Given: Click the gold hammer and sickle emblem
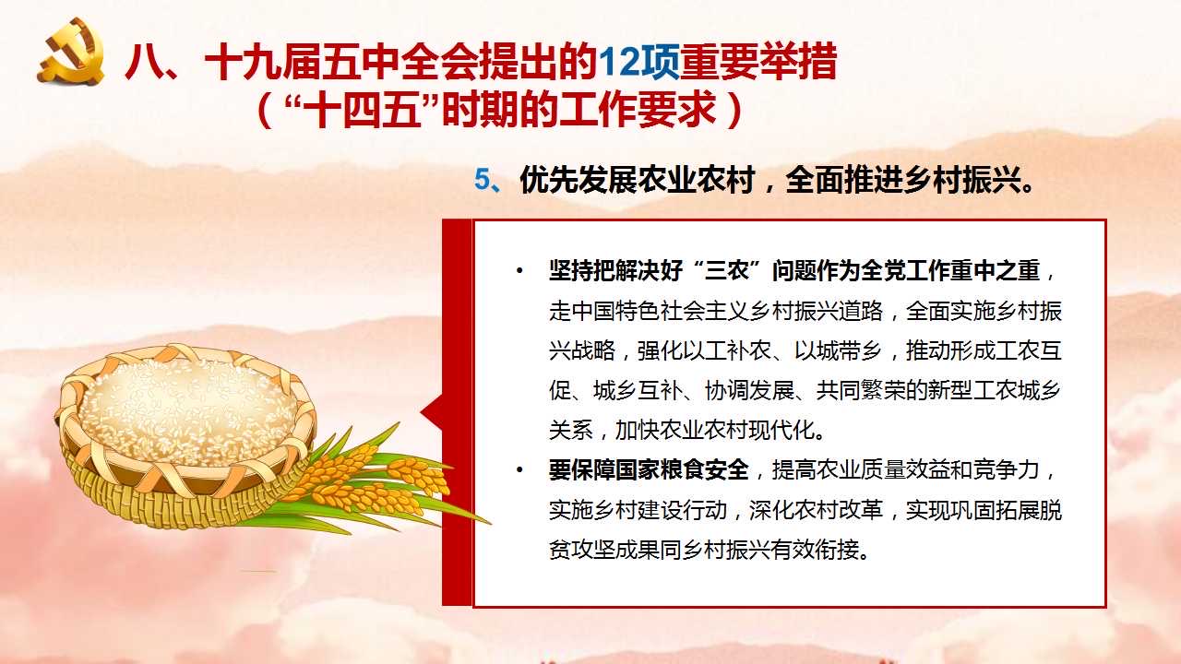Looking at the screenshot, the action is coord(71,51).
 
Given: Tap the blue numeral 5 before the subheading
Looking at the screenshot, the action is coord(483,180).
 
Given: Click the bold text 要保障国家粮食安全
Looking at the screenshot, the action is coord(649,469).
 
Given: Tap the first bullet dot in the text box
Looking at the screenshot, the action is coord(519,272).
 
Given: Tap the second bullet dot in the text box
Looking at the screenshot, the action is coord(519,470).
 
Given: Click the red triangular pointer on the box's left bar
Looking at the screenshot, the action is coord(432,412).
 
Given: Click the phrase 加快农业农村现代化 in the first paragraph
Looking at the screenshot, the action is coord(715,431).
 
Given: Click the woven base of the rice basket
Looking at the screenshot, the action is coord(174,501).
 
